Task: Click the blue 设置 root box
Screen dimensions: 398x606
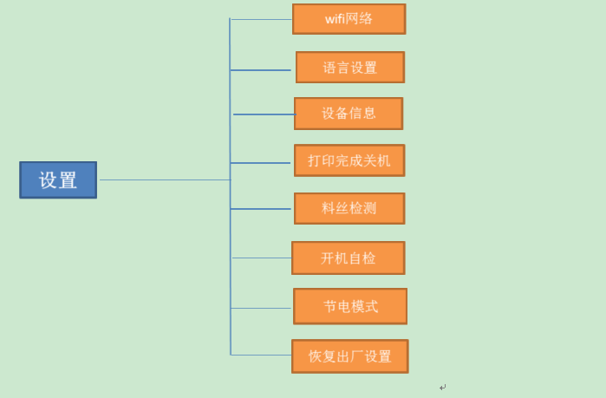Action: (58, 179)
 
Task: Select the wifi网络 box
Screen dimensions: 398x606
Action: (349, 19)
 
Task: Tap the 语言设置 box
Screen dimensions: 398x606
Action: (349, 68)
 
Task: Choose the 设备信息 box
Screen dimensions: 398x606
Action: (349, 114)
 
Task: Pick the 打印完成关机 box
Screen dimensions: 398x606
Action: (349, 160)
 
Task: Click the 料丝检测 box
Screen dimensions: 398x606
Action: (349, 208)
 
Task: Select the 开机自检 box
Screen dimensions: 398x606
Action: (348, 258)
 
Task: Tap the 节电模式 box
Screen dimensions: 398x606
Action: (350, 306)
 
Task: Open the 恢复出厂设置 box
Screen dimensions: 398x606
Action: (349, 356)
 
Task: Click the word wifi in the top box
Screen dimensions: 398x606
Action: (335, 19)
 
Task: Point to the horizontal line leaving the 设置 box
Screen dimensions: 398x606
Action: (165, 179)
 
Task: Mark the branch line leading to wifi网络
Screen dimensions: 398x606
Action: (261, 19)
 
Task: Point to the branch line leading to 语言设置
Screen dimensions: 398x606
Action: (261, 70)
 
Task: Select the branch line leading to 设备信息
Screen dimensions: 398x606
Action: (264, 114)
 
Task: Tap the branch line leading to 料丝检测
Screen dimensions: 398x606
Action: (261, 209)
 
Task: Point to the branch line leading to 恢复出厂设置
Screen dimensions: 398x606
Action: (261, 355)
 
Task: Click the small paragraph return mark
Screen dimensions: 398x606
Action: (442, 388)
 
